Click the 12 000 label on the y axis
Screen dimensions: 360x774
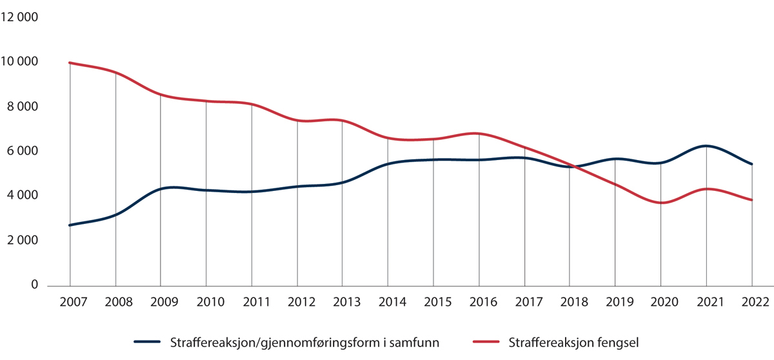click(21, 17)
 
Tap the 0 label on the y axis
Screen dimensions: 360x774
click(35, 285)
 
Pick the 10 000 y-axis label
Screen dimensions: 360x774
click(21, 62)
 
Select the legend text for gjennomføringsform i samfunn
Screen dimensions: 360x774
click(304, 343)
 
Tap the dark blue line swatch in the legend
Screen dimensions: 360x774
click(148, 343)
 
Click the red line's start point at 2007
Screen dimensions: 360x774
click(70, 63)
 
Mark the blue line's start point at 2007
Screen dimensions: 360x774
click(70, 225)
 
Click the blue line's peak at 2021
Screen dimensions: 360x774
click(707, 146)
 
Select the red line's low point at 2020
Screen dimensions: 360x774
click(661, 203)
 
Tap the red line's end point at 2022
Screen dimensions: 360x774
click(752, 200)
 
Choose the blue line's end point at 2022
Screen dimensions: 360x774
click(752, 164)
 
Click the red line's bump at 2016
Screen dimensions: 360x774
click(477, 134)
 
